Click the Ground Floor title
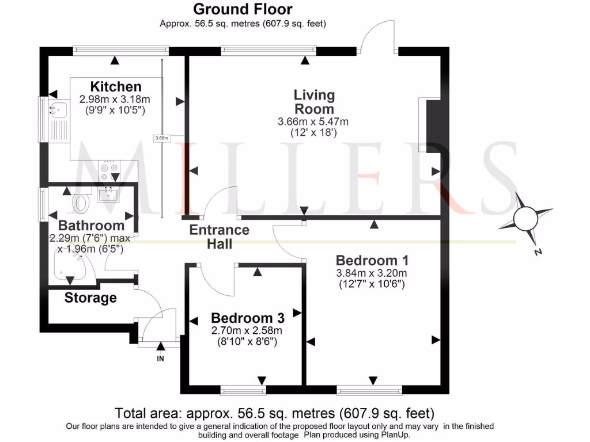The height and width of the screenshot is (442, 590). click(243, 9)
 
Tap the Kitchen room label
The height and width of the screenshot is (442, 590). click(116, 87)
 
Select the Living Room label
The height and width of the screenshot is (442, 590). click(314, 102)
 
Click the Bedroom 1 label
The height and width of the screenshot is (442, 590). click(368, 260)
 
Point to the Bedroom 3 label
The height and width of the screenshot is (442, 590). click(248, 318)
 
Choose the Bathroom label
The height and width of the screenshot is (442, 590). click(91, 226)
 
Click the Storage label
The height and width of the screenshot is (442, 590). click(90, 298)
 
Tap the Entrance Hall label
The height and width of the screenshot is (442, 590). click(220, 237)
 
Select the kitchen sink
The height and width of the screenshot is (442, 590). click(58, 110)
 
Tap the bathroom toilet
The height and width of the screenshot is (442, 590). click(82, 203)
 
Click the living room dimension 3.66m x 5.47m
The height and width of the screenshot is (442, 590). click(313, 121)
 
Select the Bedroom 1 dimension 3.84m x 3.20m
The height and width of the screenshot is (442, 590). click(372, 273)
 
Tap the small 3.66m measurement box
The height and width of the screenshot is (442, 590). click(162, 138)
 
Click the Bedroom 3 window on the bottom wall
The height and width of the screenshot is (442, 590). click(243, 391)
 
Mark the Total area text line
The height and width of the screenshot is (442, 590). click(275, 413)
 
